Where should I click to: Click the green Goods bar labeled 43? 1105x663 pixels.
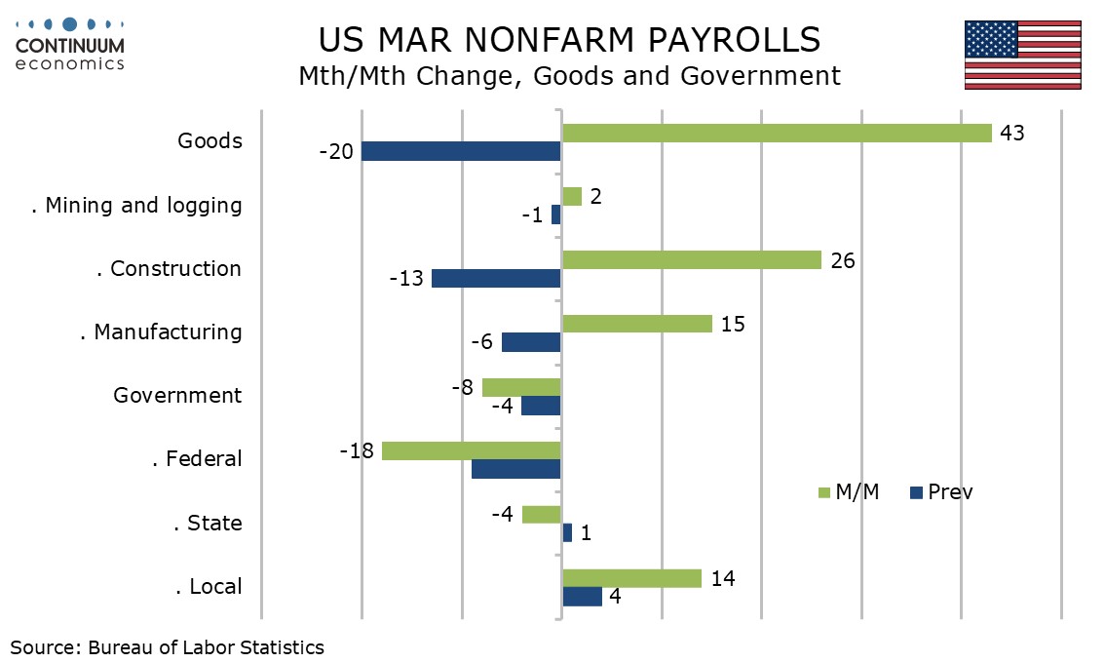click(x=777, y=134)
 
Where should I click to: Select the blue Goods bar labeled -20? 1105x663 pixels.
click(x=461, y=151)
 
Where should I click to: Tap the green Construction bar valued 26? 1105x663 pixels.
click(x=692, y=260)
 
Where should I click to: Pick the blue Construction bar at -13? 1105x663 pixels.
click(x=496, y=278)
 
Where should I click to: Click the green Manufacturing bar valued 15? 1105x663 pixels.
click(x=637, y=324)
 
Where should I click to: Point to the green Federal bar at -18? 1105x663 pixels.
click(x=472, y=450)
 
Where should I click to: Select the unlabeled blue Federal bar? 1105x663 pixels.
click(x=516, y=469)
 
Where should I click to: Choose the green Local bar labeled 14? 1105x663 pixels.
click(x=631, y=578)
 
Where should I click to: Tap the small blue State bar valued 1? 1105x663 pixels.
click(x=567, y=532)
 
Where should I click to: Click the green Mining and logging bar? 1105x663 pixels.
click(x=572, y=197)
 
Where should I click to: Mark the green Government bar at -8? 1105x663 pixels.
click(x=521, y=387)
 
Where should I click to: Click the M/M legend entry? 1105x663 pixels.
click(x=848, y=491)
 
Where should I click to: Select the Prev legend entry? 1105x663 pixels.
click(x=941, y=491)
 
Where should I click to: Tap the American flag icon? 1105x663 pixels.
click(x=1022, y=55)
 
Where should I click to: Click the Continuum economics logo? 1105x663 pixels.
click(x=70, y=45)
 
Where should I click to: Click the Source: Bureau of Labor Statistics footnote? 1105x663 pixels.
click(x=168, y=646)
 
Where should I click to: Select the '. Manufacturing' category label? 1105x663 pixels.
click(x=161, y=331)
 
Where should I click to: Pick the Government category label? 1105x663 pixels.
click(x=177, y=395)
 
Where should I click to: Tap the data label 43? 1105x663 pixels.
click(x=1012, y=133)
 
